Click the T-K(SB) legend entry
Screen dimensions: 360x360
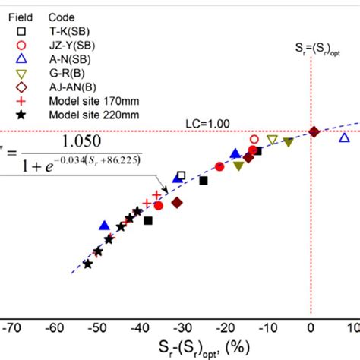point(65,31)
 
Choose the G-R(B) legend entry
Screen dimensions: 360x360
point(65,74)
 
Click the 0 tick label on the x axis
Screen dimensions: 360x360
point(311,329)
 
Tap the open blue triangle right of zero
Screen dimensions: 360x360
point(345,137)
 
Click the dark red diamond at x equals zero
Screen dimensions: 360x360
point(314,133)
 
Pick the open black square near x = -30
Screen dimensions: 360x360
point(180,175)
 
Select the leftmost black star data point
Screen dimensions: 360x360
point(88,264)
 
